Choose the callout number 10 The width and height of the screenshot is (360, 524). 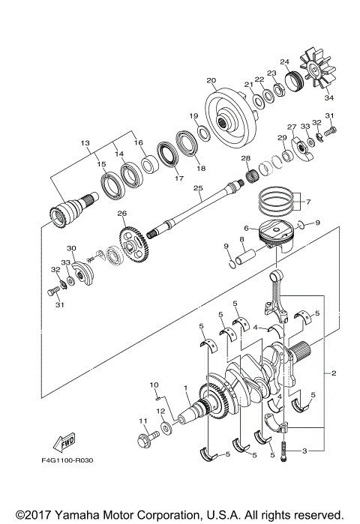[153, 385]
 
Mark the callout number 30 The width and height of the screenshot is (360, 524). [72, 248]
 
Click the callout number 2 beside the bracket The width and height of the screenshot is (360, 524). [331, 373]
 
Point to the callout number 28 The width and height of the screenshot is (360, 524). [245, 159]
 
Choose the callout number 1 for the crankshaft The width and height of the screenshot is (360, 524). [184, 388]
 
